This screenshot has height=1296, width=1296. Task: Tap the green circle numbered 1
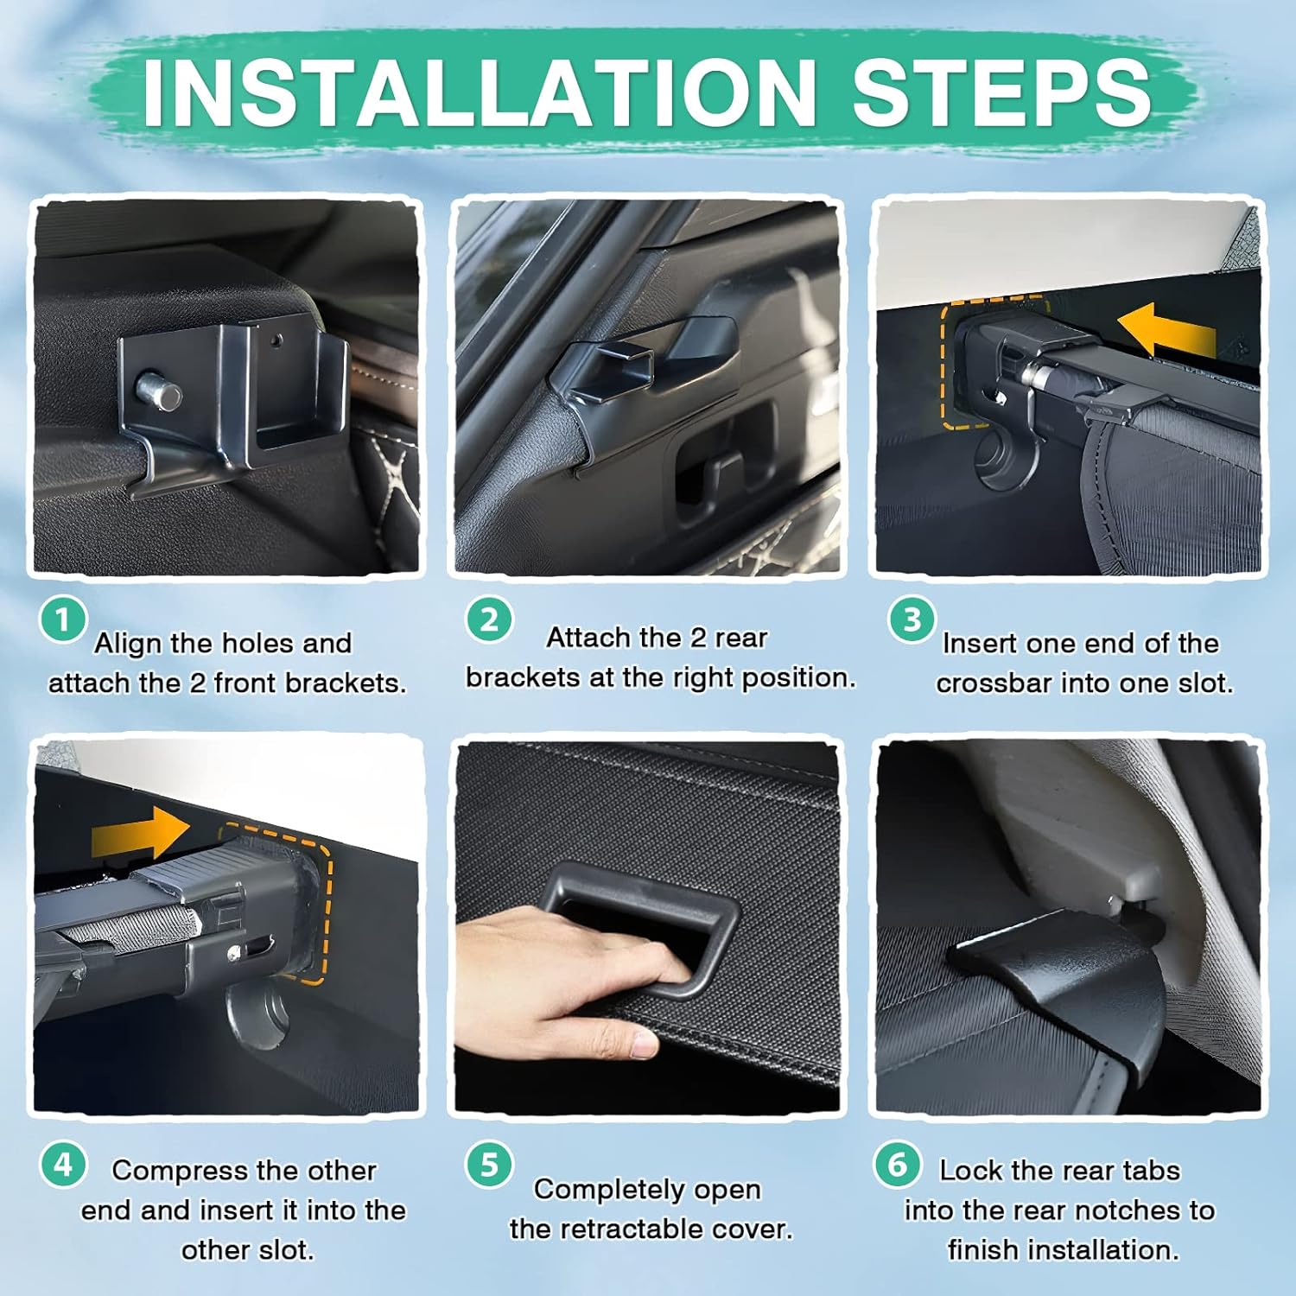(x=62, y=619)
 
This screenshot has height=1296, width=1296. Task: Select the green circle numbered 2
(x=489, y=619)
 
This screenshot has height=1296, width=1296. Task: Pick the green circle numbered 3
(x=912, y=619)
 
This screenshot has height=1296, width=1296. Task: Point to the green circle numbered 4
(x=62, y=1165)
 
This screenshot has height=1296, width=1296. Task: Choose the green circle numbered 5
(x=489, y=1165)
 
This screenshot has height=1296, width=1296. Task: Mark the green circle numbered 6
(x=898, y=1165)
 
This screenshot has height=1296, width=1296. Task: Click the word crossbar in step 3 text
(x=994, y=683)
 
